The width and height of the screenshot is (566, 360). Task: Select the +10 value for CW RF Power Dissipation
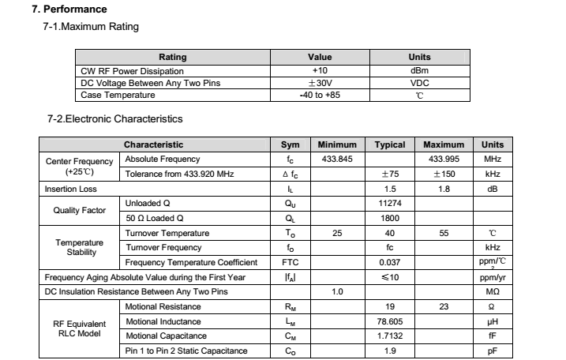[x=320, y=69]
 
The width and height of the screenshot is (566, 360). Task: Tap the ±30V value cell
[x=320, y=82]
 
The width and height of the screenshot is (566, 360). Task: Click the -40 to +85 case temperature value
[x=320, y=95]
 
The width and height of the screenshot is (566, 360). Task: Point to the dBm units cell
[x=419, y=69]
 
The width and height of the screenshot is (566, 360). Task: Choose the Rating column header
[x=173, y=57]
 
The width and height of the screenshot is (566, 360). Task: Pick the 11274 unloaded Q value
[x=390, y=204]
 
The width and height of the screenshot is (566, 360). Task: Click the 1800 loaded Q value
[x=390, y=218]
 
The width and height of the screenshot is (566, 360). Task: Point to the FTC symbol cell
[x=290, y=262]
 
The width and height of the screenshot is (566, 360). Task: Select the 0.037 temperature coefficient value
[x=390, y=262]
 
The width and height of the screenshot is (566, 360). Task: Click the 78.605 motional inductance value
[x=390, y=321]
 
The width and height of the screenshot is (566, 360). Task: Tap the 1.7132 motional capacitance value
[x=390, y=336]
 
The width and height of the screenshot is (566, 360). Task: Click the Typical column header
[x=390, y=144]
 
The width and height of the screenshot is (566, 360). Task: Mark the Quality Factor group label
[x=80, y=211]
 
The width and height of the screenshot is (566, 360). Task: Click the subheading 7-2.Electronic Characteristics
[x=115, y=119]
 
